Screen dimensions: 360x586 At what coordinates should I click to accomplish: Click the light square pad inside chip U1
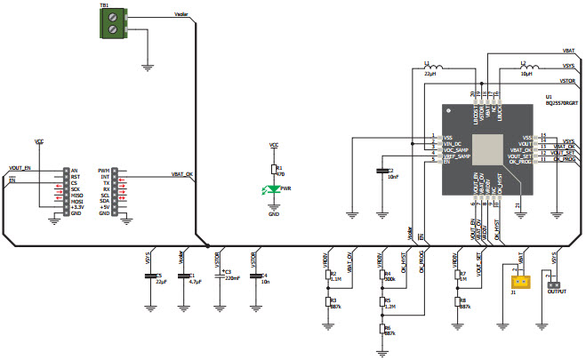click(x=486, y=148)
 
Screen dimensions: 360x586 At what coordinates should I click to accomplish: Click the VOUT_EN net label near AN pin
click(x=20, y=167)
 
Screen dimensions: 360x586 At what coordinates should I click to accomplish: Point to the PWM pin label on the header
click(x=104, y=170)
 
